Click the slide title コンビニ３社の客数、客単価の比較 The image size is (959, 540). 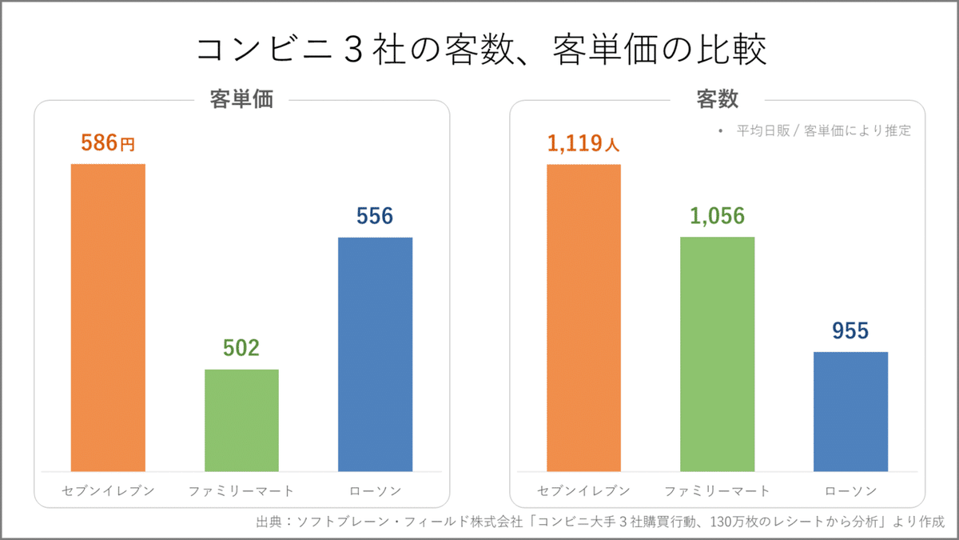point(480,50)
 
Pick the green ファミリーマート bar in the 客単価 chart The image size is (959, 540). point(241,420)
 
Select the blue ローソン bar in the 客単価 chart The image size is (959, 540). point(375,354)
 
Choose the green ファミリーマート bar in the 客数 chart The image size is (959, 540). point(717,354)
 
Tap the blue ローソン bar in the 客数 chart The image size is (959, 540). point(850,411)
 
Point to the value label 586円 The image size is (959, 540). point(108,143)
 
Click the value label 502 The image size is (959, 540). point(241,349)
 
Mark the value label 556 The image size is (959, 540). point(375,217)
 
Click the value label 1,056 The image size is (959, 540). point(717,216)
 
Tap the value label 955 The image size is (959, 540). point(850,331)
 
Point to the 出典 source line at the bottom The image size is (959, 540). point(600,522)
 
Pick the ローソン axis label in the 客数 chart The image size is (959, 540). point(850,490)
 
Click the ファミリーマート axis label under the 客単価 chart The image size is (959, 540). point(241,490)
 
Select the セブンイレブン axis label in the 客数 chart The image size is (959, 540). point(583,490)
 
